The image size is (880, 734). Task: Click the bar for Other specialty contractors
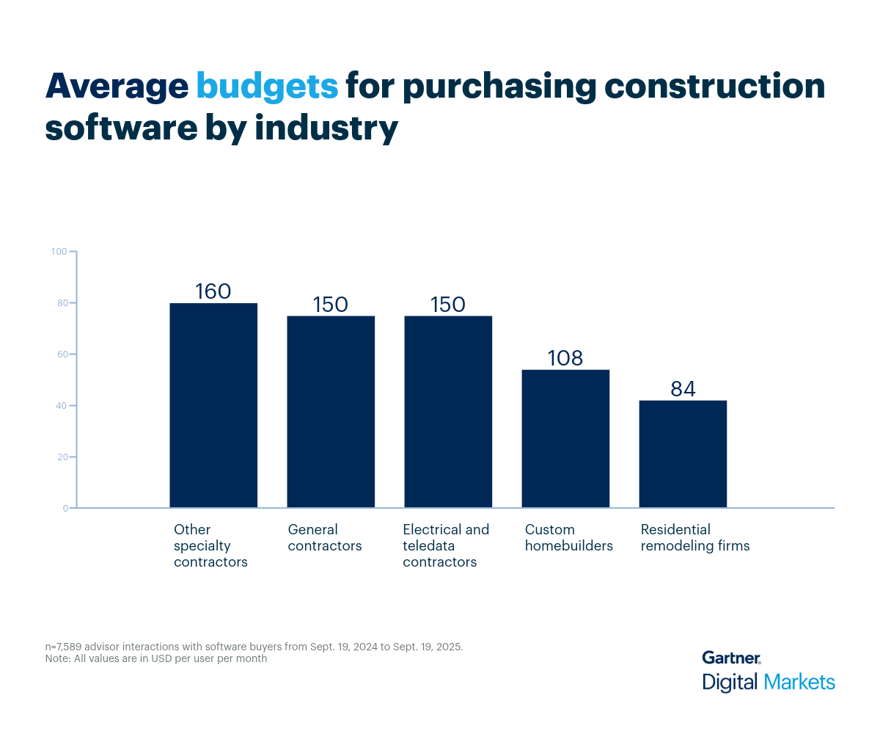click(x=213, y=405)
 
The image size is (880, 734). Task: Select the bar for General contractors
click(x=331, y=412)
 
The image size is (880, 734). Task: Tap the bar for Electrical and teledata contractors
click(x=448, y=412)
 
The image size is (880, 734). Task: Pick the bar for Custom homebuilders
click(x=565, y=438)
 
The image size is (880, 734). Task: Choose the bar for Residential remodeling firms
click(x=683, y=454)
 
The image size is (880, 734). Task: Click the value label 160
click(x=213, y=291)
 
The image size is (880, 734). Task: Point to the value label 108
click(x=565, y=358)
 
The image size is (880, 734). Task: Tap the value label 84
click(x=683, y=389)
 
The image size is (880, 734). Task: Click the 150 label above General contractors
click(x=331, y=305)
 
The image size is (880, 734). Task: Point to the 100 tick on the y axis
click(x=59, y=252)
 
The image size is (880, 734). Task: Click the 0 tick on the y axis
click(x=65, y=508)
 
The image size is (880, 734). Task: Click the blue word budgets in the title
click(x=267, y=87)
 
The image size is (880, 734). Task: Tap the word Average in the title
click(x=117, y=87)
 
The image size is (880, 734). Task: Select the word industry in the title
click(x=326, y=128)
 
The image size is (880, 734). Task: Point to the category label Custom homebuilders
click(x=569, y=538)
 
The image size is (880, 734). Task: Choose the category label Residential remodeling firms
click(x=695, y=538)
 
